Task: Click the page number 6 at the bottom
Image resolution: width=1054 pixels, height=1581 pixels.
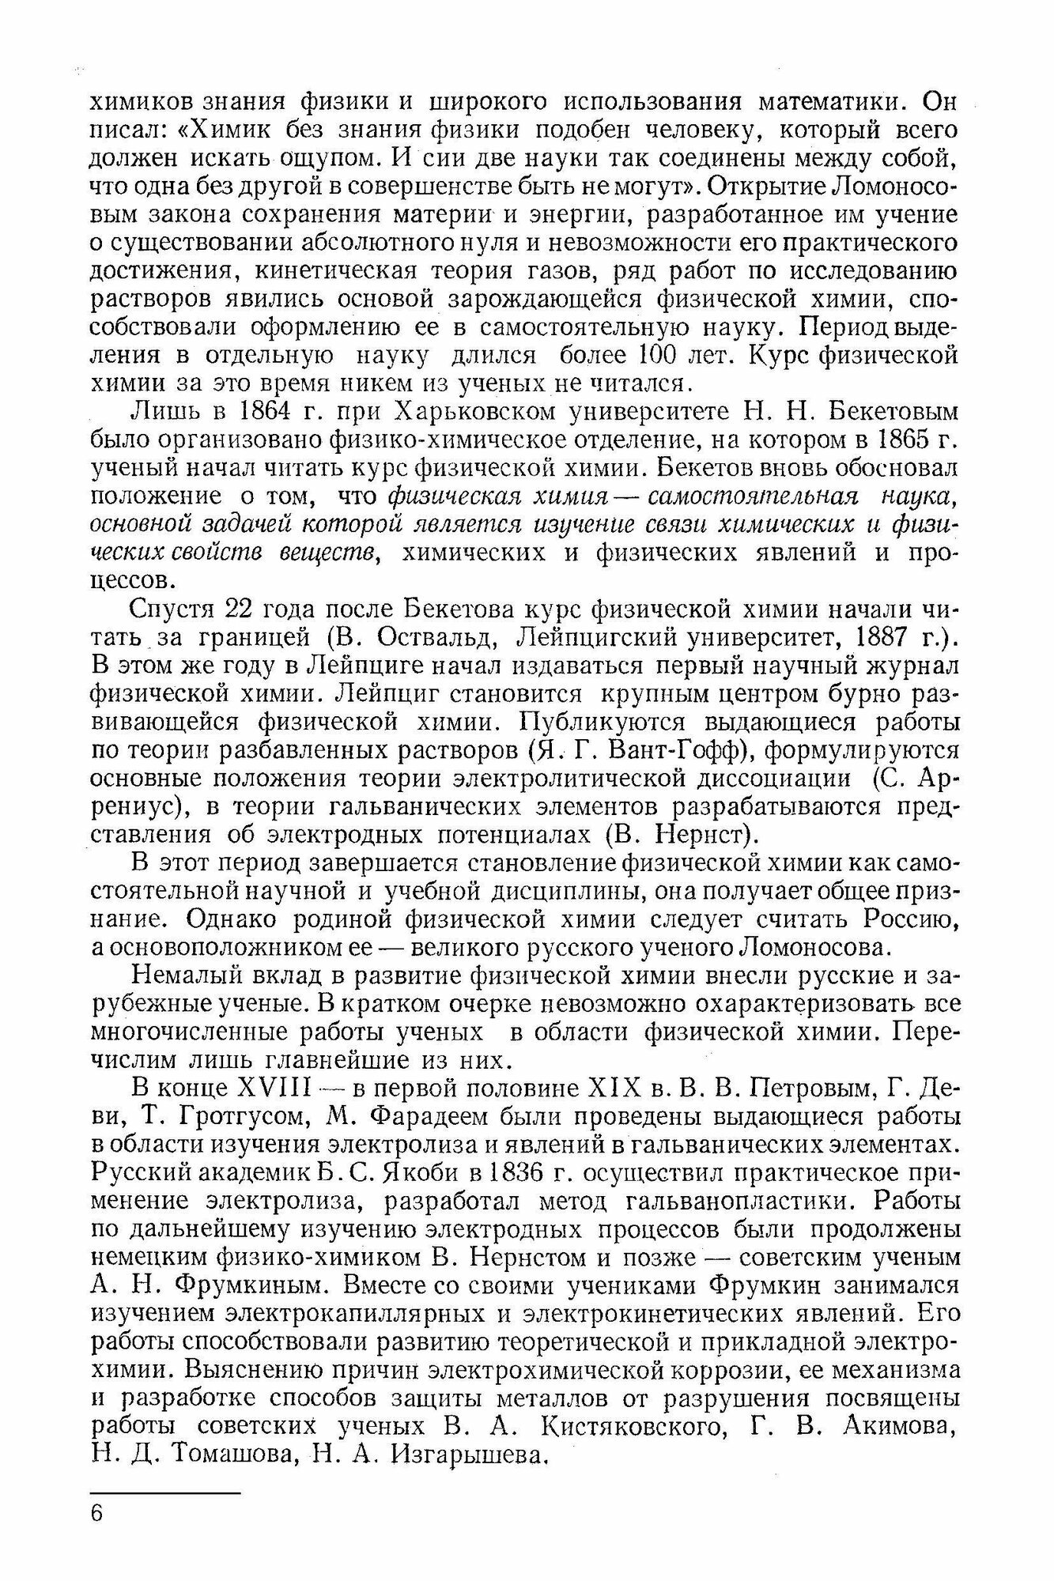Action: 97,1513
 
